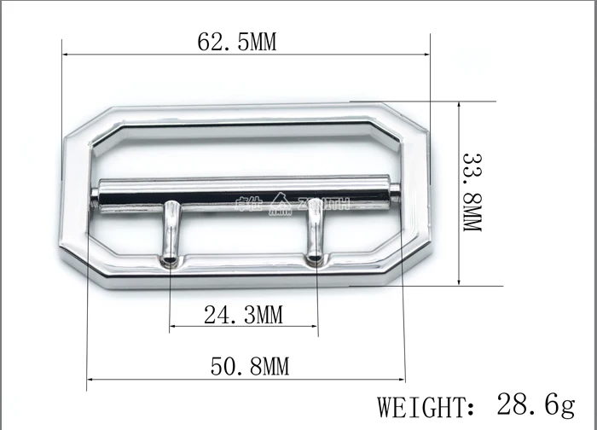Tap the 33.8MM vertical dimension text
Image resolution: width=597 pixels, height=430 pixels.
472,194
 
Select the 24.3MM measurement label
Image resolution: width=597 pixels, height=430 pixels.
243,315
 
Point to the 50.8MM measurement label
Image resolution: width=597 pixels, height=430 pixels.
250,367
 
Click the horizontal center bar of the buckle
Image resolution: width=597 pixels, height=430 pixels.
247,195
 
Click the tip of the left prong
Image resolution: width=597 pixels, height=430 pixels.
171,259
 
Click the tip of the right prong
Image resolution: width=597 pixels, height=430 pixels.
316,258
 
